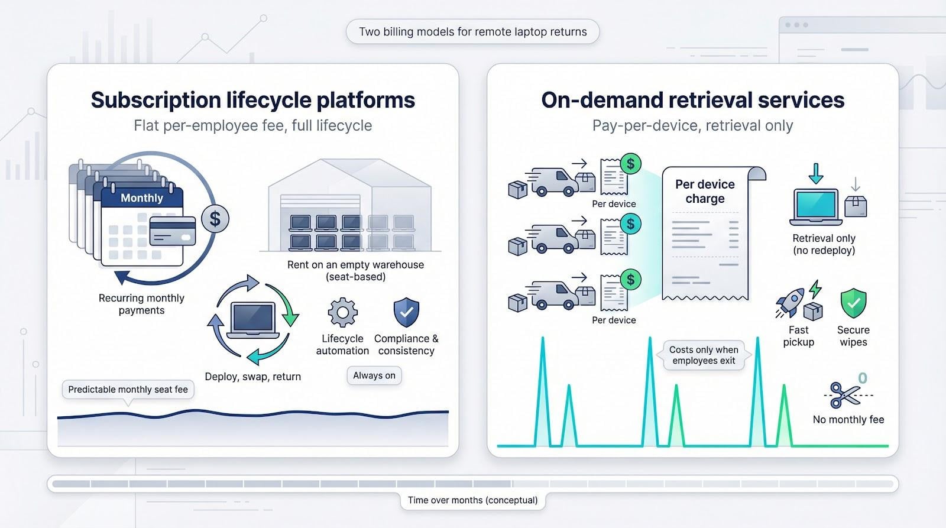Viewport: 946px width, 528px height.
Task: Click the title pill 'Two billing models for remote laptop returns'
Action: [x=472, y=32]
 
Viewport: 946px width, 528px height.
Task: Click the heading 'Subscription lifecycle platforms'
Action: [x=252, y=100]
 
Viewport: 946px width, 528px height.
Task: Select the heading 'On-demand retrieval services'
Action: [x=692, y=100]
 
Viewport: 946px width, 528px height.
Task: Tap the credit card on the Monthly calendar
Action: [x=173, y=231]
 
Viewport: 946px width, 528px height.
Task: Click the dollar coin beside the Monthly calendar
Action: [x=215, y=219]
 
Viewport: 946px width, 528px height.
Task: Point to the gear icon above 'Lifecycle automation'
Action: [x=342, y=313]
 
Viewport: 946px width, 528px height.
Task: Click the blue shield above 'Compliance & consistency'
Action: [x=406, y=312]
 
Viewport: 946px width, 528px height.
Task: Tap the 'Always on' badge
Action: [x=374, y=375]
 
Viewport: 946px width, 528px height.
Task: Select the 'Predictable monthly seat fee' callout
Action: [x=128, y=389]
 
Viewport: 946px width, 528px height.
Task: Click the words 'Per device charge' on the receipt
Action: [x=705, y=192]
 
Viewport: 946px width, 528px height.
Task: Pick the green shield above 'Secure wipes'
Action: [x=853, y=303]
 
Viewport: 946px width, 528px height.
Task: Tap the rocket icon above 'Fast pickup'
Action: [x=791, y=301]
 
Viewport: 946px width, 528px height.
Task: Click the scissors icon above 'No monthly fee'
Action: [x=844, y=394]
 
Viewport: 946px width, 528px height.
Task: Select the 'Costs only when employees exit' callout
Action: [x=704, y=355]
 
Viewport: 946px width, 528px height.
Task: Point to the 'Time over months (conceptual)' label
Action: [x=472, y=500]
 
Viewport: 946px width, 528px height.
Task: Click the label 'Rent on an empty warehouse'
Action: [x=355, y=265]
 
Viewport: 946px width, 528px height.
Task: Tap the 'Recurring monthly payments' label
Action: [x=141, y=304]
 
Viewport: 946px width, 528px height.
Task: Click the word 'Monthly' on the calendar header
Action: [x=142, y=198]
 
